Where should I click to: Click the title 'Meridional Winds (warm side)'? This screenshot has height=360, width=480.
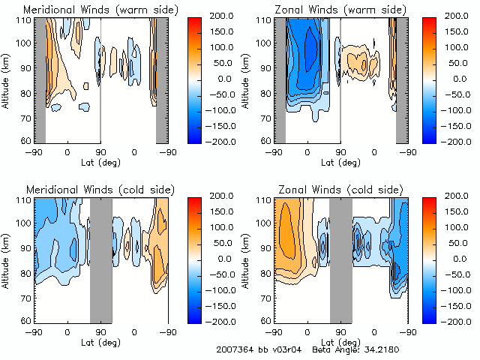point(100,10)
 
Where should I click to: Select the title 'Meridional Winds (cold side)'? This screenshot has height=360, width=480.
point(99,189)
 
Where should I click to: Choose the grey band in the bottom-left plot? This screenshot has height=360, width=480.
point(101,259)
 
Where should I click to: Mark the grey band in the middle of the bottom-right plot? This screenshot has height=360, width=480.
point(340,259)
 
